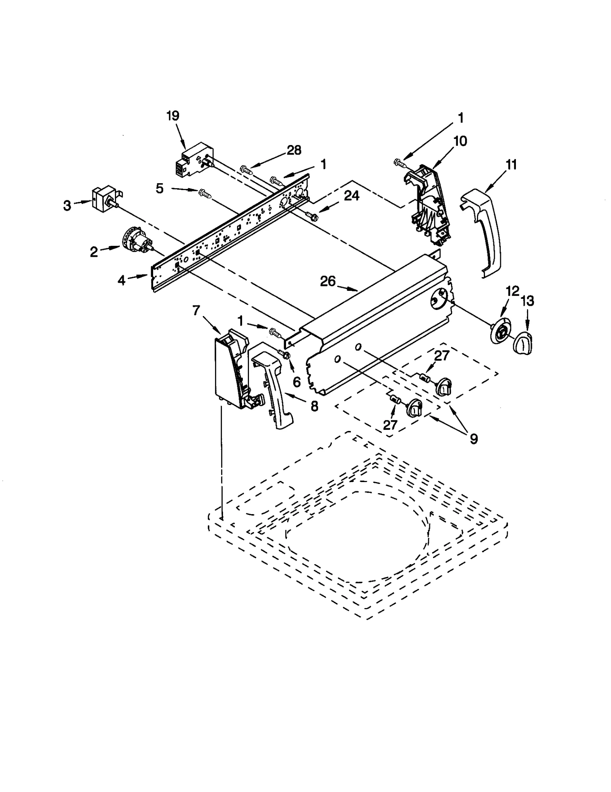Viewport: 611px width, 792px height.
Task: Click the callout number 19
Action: click(173, 116)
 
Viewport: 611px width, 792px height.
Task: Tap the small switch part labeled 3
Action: click(103, 197)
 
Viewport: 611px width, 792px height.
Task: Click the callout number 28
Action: click(294, 150)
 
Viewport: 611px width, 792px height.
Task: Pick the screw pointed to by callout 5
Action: click(205, 194)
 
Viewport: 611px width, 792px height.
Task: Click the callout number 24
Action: click(351, 196)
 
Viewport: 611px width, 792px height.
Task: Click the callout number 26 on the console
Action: click(327, 282)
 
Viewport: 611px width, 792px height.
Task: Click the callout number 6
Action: click(296, 381)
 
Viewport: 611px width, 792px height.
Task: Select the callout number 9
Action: click(474, 439)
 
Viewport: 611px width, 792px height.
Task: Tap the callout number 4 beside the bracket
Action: click(121, 281)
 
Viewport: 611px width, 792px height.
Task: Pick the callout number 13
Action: click(527, 301)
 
